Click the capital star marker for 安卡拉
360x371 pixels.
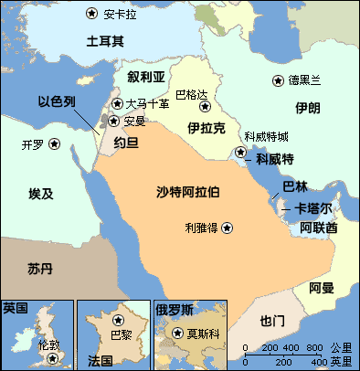coord(91,14)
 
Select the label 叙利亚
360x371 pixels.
coord(146,76)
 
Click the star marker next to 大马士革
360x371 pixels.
coord(115,103)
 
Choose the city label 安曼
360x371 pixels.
coord(134,120)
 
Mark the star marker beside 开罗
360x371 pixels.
coord(55,143)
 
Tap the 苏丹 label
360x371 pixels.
coord(40,270)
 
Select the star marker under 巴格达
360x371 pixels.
coord(205,107)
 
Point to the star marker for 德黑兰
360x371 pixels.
coord(278,80)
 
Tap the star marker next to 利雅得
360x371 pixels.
coord(227,227)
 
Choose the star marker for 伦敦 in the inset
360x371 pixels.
coord(53,357)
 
